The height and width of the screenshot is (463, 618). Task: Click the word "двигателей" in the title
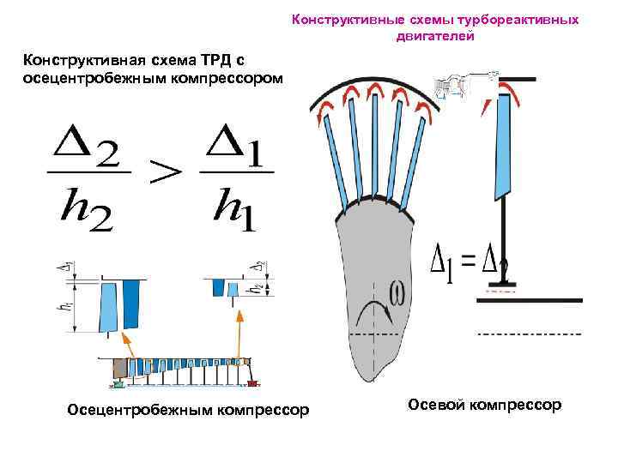pos(435,37)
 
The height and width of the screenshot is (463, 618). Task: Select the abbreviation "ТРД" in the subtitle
pos(209,60)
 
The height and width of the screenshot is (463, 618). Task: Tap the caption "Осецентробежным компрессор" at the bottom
pos(188,411)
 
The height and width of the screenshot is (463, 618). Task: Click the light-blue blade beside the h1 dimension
pos(108,305)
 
